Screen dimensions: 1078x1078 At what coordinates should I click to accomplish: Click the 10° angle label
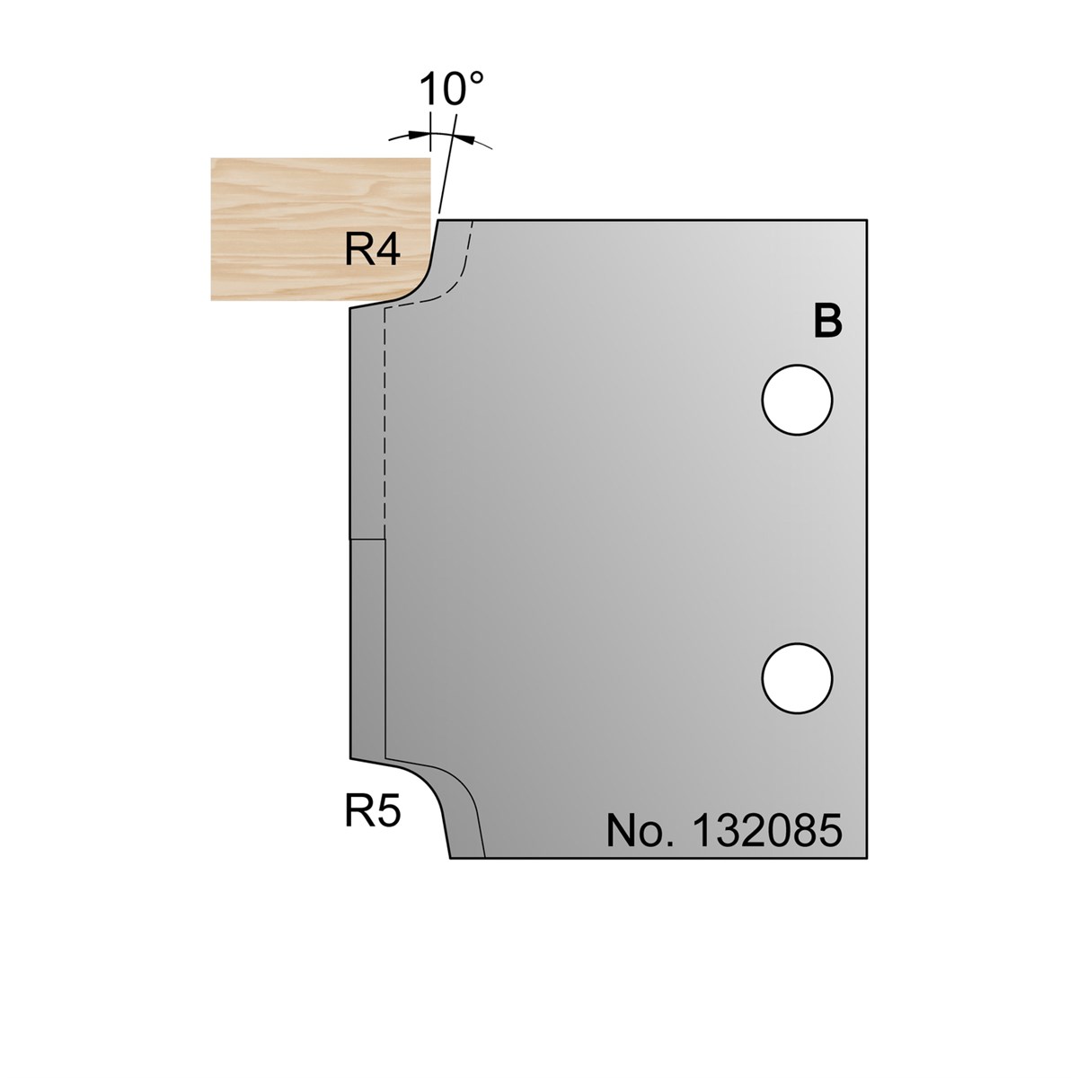coord(450,89)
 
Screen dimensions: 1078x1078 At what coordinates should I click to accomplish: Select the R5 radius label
coord(373,812)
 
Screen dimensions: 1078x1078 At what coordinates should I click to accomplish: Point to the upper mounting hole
coord(797,400)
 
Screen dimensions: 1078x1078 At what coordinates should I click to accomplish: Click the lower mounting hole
coord(797,678)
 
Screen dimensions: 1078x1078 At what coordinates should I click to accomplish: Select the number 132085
coord(766,831)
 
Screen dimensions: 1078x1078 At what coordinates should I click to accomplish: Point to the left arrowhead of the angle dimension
coord(418,134)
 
